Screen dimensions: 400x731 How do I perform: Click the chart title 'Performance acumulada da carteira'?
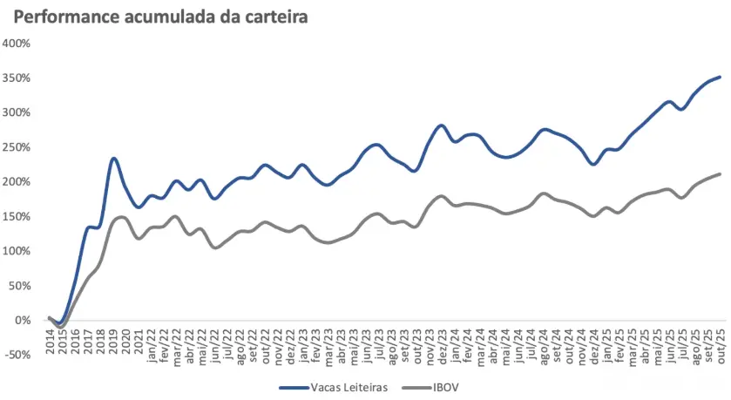pos(161,17)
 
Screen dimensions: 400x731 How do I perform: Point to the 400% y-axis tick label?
pos(17,43)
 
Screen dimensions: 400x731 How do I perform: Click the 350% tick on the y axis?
pos(17,78)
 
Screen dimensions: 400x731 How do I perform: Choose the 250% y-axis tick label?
pos(17,147)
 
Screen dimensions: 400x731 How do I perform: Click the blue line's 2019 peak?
pos(114,159)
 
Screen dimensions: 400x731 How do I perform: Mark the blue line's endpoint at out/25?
pos(720,78)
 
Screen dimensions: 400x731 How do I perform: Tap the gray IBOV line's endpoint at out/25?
pos(720,174)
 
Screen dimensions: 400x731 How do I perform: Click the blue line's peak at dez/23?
pos(441,125)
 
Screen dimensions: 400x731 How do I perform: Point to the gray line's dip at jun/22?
pos(215,247)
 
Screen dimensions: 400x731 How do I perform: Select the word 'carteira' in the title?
pos(276,17)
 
